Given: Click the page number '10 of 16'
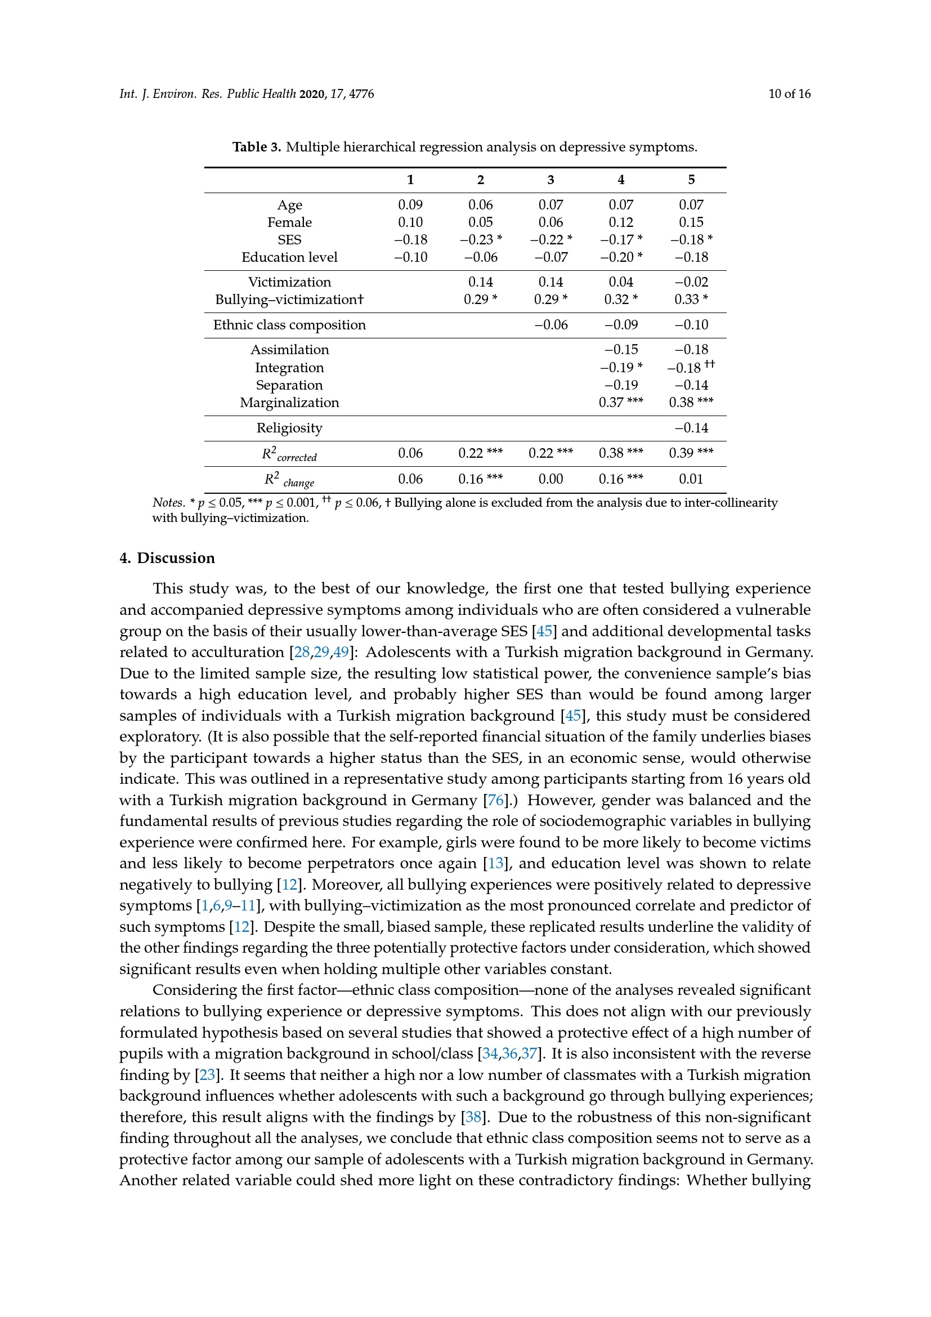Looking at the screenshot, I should pos(789,94).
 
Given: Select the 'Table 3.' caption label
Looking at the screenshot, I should pos(256,148).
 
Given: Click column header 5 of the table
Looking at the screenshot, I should pos(691,180).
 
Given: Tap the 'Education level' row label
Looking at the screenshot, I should pos(289,257).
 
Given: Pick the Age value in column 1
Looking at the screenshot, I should pos(410,205).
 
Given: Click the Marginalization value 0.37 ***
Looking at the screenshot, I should pos(620,403).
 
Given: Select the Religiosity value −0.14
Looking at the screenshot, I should pos(691,428).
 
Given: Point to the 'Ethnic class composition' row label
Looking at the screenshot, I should pos(289,325).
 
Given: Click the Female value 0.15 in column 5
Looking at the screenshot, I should pos(691,222).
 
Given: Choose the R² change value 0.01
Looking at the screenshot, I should pos(691,479).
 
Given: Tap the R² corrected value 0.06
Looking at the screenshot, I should pos(410,454).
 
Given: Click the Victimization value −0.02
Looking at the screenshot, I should pos(691,282).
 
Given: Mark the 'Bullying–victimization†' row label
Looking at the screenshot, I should pos(289,300).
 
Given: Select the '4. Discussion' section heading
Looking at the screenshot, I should pos(167,558).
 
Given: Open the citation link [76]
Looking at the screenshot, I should pos(496,800).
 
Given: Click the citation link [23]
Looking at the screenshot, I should pos(207,1074).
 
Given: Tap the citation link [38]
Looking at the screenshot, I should pos(473,1117).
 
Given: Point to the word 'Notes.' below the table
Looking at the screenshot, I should pos(168,503).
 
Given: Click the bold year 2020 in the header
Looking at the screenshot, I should pos(312,94).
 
